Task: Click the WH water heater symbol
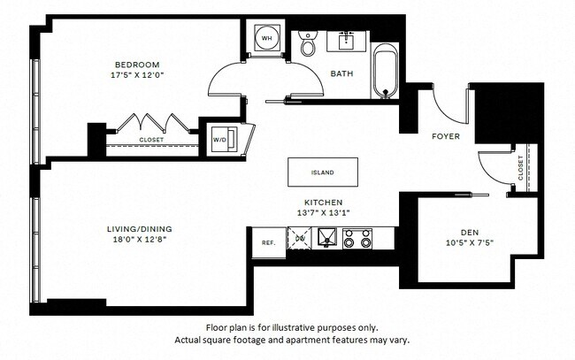266,39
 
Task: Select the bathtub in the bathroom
385,71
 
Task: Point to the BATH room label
342,73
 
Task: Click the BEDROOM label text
137,64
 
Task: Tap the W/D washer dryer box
219,139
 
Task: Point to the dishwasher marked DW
301,239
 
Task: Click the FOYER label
444,136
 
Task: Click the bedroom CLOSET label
151,140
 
